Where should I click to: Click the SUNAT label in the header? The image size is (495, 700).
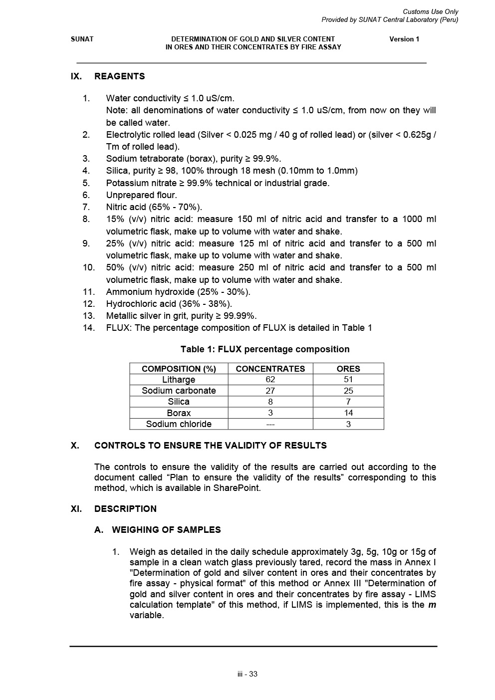click(x=82, y=39)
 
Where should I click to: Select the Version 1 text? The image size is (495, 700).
click(x=404, y=39)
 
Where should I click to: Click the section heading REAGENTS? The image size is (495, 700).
click(x=119, y=76)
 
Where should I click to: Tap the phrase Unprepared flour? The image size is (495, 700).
click(x=141, y=195)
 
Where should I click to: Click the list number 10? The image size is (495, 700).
click(x=88, y=267)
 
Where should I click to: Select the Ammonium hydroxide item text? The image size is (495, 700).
click(x=178, y=292)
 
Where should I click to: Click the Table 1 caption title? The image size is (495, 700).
click(x=264, y=349)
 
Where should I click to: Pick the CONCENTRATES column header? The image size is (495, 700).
click(x=270, y=369)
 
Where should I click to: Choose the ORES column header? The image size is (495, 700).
click(x=348, y=369)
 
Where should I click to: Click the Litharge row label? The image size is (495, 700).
click(x=179, y=380)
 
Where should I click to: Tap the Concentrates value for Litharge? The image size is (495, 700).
click(x=270, y=380)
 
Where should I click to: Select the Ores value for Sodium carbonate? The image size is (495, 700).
click(x=348, y=391)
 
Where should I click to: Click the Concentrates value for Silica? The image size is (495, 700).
click(x=270, y=402)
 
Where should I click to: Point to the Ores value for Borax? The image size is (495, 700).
click(x=348, y=413)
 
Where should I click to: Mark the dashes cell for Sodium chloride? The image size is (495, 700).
click(x=270, y=424)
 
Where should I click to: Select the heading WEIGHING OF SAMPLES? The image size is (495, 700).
click(x=166, y=530)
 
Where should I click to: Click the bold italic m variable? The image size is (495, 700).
click(x=432, y=605)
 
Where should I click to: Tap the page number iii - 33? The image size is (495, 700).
click(x=247, y=674)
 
